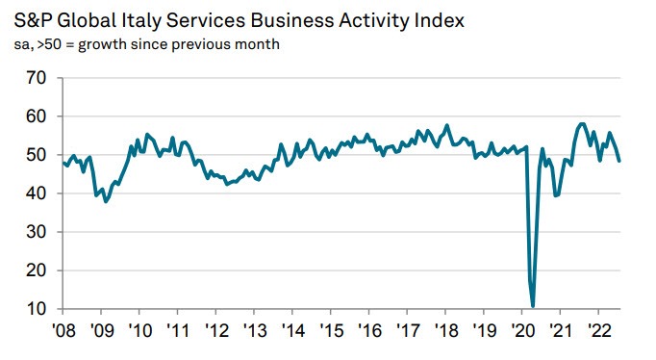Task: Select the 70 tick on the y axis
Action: (x=37, y=77)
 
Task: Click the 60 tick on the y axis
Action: (x=37, y=116)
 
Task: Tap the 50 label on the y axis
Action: (x=37, y=154)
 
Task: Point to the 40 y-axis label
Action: (x=37, y=193)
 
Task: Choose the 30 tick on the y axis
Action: (x=37, y=232)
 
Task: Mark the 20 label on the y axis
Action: (x=37, y=270)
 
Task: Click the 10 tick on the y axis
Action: (x=37, y=309)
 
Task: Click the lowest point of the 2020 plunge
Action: (x=533, y=306)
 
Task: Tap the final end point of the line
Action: (x=619, y=161)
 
